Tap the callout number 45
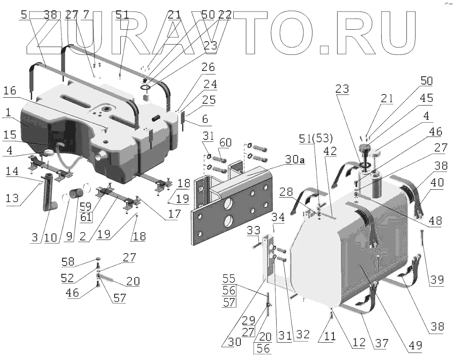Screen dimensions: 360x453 click(x=426, y=98)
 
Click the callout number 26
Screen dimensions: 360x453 click(x=208, y=67)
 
